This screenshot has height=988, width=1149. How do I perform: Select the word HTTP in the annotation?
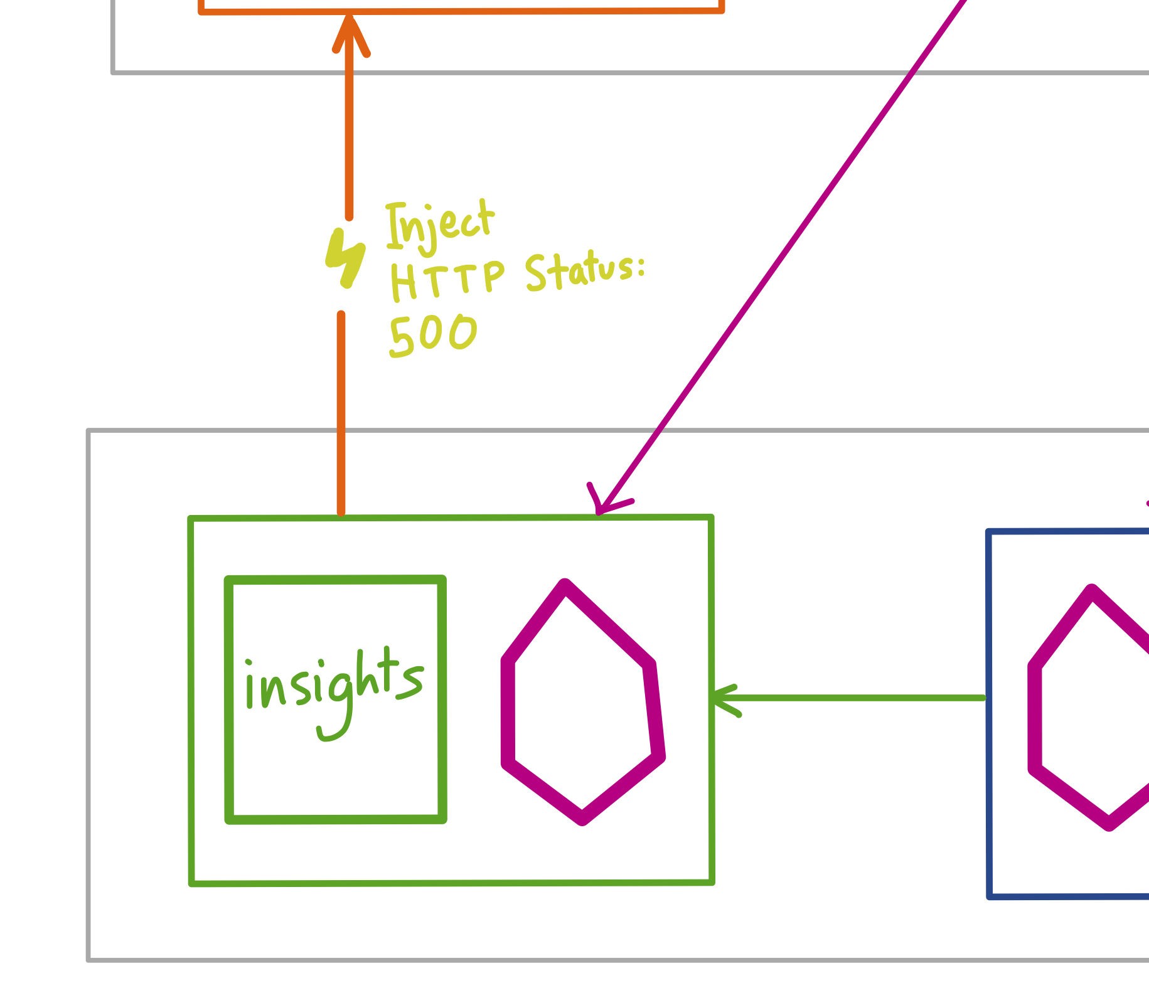tap(447, 280)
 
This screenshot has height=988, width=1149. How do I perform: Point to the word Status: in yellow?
tap(585, 272)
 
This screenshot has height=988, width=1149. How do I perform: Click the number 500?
tap(433, 336)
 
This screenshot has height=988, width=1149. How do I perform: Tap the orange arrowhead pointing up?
tap(350, 35)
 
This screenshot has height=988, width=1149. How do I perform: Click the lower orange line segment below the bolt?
tap(341, 414)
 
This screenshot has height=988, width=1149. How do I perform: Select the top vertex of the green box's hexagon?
tap(565, 586)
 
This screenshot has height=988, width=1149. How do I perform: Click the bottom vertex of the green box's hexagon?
tap(582, 818)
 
